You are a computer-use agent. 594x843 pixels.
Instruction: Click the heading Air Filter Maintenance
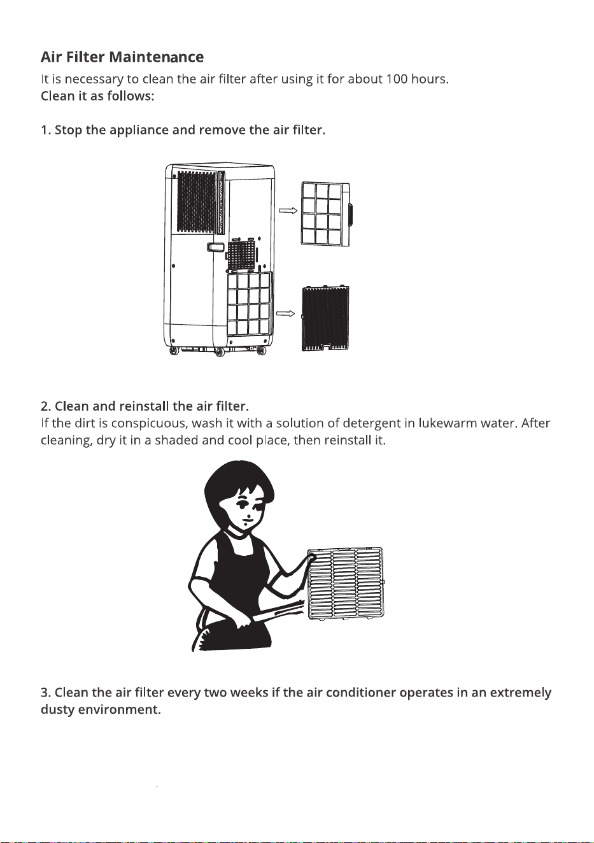pyautogui.click(x=122, y=57)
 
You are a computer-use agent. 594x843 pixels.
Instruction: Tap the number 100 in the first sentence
pyautogui.click(x=393, y=79)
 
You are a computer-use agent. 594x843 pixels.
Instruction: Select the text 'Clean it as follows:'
pyautogui.click(x=97, y=96)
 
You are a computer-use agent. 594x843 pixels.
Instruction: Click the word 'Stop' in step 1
pyautogui.click(x=68, y=131)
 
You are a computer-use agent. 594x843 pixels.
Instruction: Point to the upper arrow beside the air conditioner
pyautogui.click(x=288, y=210)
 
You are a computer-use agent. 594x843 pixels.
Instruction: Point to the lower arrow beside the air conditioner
pyautogui.click(x=286, y=313)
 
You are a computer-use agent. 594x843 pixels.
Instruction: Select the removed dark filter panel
pyautogui.click(x=325, y=318)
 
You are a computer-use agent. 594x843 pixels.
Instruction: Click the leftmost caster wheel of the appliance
pyautogui.click(x=174, y=351)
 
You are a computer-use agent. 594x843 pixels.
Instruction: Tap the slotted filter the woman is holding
pyautogui.click(x=346, y=584)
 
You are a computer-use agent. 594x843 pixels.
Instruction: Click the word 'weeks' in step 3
pyautogui.click(x=248, y=693)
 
